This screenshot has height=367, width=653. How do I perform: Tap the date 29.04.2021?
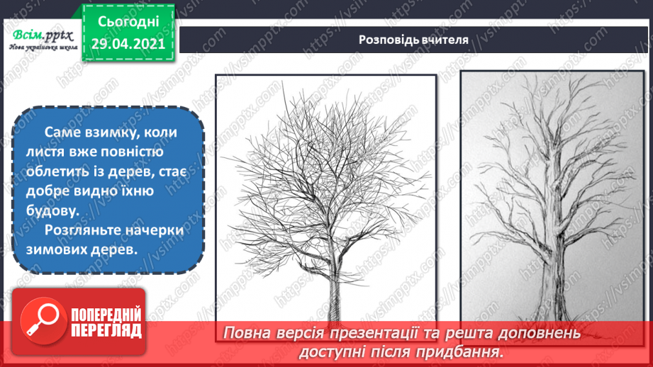click(129, 43)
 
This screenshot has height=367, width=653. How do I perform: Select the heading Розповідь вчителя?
click(413, 40)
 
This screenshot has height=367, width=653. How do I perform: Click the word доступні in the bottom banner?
click(335, 351)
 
